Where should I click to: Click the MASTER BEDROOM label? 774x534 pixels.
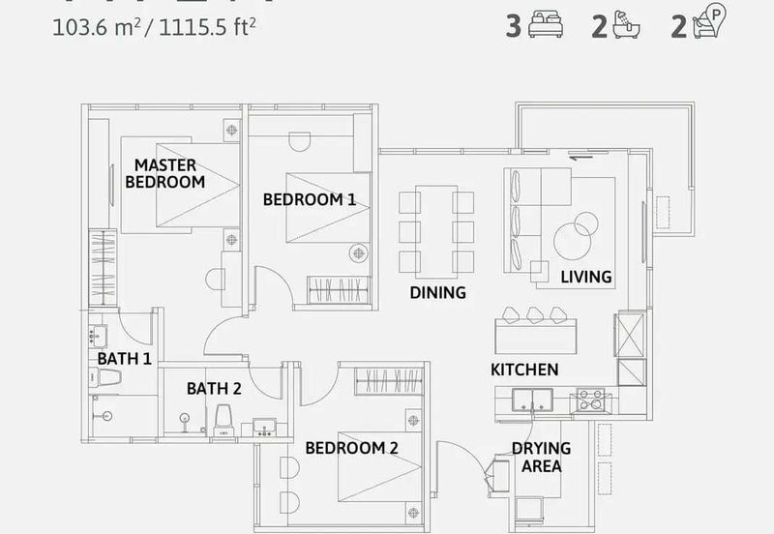[x=164, y=173]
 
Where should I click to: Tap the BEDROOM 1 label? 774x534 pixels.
[x=310, y=200]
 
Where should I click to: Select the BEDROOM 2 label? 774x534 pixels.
[x=351, y=448]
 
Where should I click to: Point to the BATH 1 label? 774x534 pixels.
[x=125, y=359]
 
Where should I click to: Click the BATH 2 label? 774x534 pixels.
[x=214, y=389]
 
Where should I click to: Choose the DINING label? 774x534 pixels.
[x=437, y=292]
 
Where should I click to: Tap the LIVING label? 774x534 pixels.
[x=586, y=277]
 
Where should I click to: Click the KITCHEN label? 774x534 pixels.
[x=524, y=370]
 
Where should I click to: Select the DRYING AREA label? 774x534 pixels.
[x=541, y=457]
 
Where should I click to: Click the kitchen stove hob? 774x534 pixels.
[x=590, y=400]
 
